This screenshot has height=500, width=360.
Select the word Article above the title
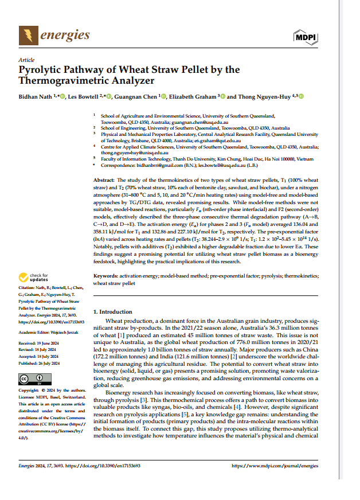(x=26, y=60)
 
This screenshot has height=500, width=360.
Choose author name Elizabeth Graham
(x=192, y=96)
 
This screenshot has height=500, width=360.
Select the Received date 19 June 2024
(x=52, y=343)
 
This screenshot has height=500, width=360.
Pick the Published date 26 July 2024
(x=52, y=363)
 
